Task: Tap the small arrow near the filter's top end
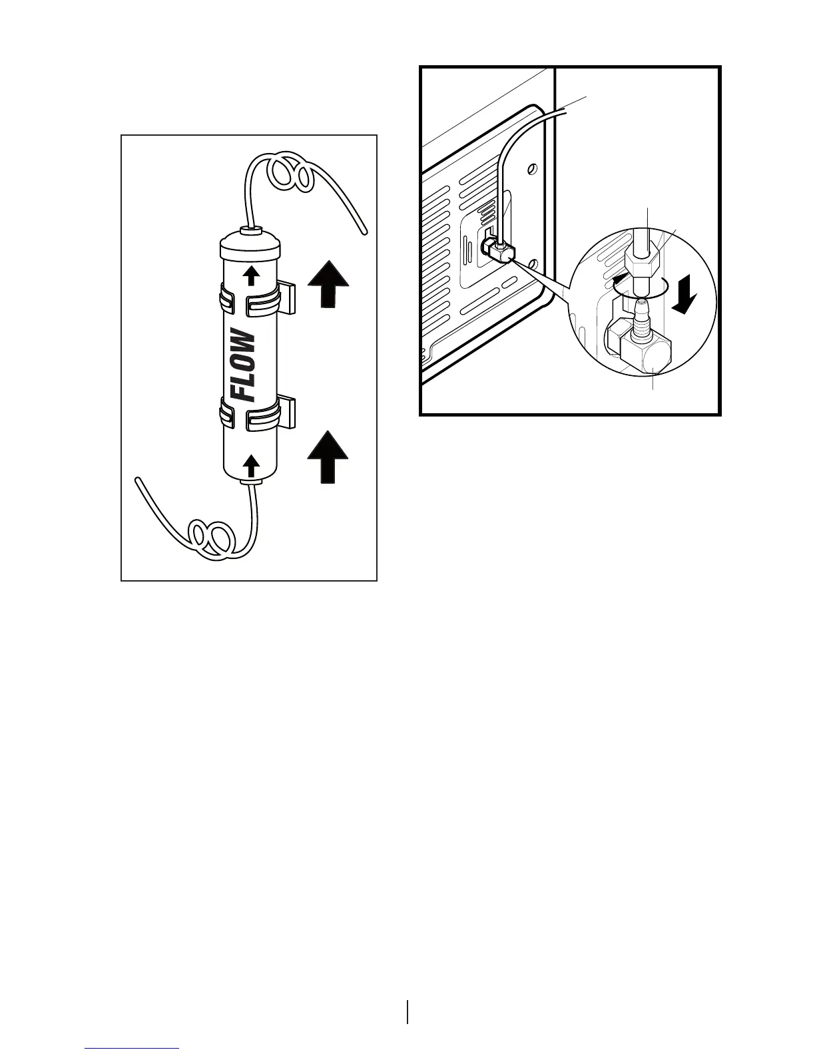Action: point(252,274)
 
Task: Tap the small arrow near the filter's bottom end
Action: point(252,464)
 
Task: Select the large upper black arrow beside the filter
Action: point(328,284)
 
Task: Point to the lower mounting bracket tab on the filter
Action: point(287,413)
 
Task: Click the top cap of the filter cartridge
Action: point(251,244)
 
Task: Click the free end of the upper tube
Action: point(364,232)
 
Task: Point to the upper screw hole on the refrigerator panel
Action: point(531,169)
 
